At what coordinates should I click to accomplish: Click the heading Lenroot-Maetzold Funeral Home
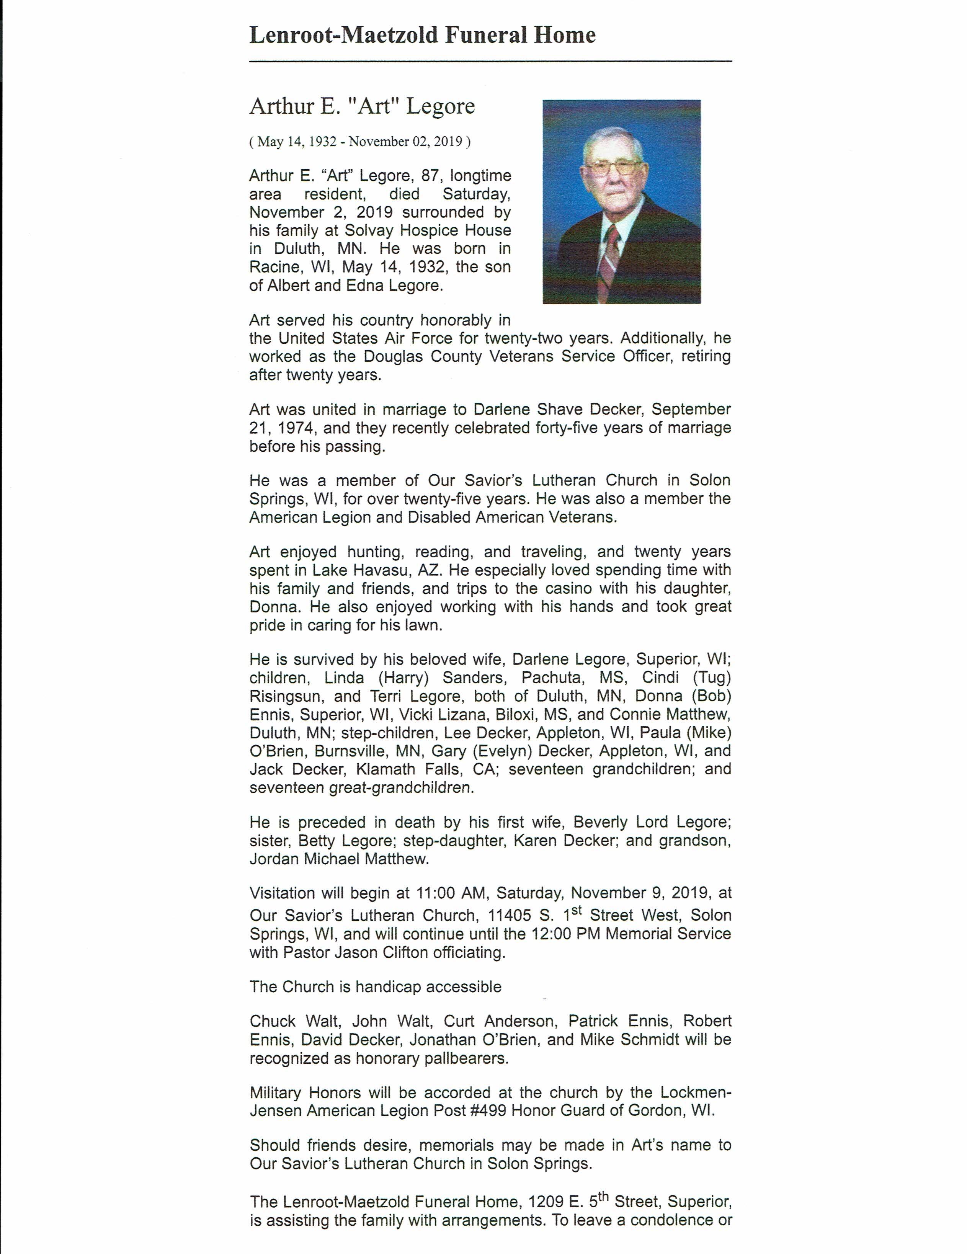(422, 36)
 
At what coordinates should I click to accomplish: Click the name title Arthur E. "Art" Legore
(362, 106)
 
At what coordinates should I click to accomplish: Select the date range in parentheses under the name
(359, 142)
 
